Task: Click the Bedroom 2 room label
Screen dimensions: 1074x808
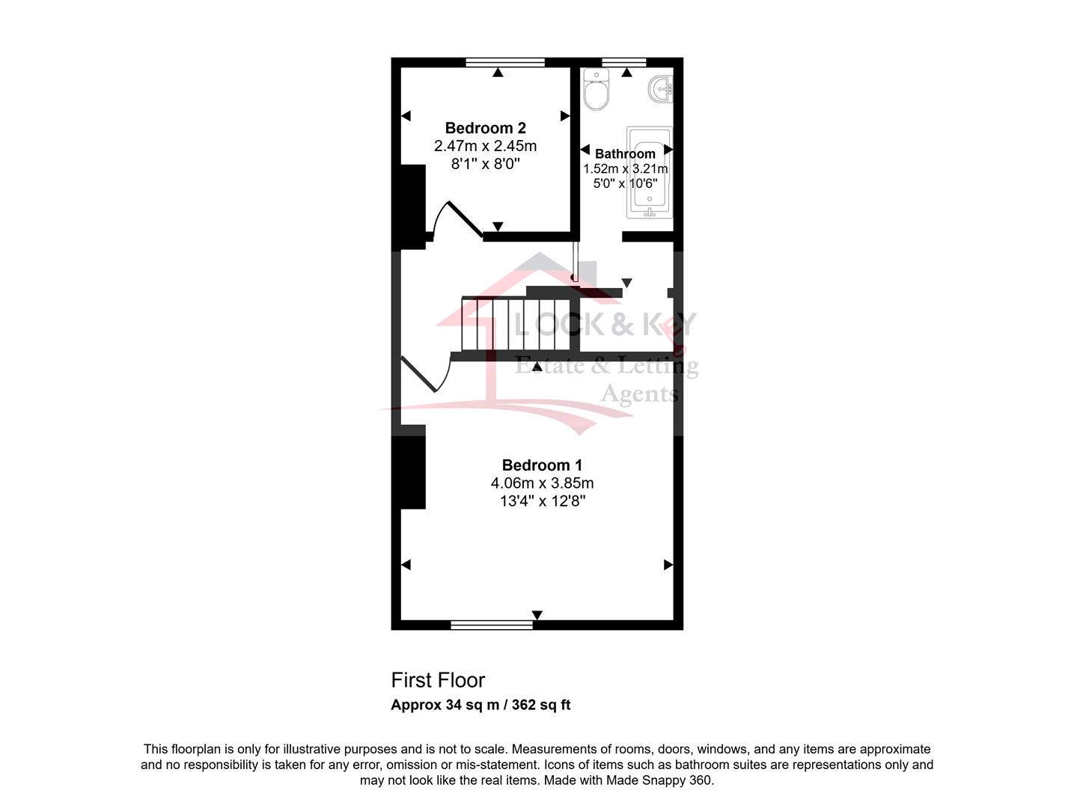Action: pyautogui.click(x=486, y=128)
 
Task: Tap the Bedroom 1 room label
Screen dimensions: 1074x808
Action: pyautogui.click(x=542, y=465)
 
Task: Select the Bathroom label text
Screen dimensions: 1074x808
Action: pyautogui.click(x=625, y=153)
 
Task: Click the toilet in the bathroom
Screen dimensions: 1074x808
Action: pyautogui.click(x=597, y=89)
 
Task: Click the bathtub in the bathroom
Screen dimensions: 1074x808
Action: pyautogui.click(x=650, y=172)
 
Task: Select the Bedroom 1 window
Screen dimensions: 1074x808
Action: pyautogui.click(x=492, y=625)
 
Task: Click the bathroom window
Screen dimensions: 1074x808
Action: pyautogui.click(x=624, y=62)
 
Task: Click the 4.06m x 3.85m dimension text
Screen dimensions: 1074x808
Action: pyautogui.click(x=542, y=483)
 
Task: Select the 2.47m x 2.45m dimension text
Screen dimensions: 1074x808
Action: pyautogui.click(x=486, y=146)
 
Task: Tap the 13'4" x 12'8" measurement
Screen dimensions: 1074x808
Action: pyautogui.click(x=542, y=501)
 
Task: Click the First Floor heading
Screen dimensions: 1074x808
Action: pyautogui.click(x=438, y=680)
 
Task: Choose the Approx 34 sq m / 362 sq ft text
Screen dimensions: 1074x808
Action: pyautogui.click(x=480, y=705)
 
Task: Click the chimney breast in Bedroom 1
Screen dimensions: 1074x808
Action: pyautogui.click(x=409, y=467)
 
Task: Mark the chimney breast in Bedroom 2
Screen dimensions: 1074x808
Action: pyautogui.click(x=409, y=207)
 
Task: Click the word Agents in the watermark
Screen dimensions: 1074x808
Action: pyautogui.click(x=639, y=394)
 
